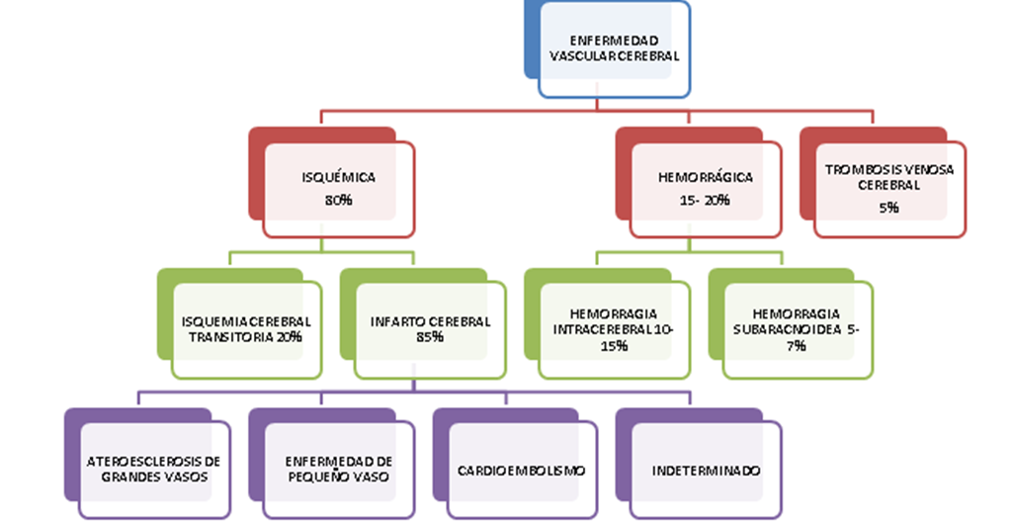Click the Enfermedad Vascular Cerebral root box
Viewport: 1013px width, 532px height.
614,49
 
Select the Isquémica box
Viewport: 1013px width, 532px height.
338,189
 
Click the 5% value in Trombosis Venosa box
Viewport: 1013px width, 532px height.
888,208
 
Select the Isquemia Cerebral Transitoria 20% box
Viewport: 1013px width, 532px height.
246,329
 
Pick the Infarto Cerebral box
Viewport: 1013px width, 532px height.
430,329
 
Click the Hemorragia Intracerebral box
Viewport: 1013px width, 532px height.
614,329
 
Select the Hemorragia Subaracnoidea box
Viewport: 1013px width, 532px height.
798,329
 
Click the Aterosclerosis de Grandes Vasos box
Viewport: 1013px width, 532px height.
154,470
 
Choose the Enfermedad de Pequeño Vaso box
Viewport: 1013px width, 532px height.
338,470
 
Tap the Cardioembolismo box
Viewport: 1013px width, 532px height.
522,470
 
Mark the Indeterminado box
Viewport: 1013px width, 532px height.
706,470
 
